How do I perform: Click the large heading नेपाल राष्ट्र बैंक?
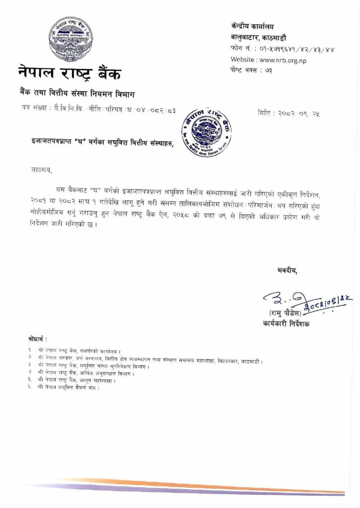click(70, 74)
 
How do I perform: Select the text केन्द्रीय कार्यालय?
click(252, 26)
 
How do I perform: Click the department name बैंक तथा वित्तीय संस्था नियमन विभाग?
click(76, 94)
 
